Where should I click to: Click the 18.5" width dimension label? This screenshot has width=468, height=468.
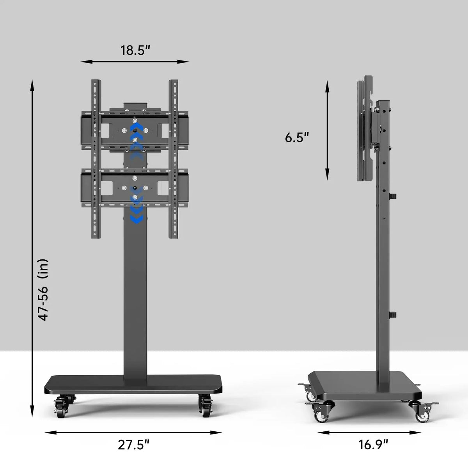coord(135,51)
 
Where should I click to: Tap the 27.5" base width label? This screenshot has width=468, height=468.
coord(134,445)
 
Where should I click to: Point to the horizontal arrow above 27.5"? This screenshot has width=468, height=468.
coord(133,432)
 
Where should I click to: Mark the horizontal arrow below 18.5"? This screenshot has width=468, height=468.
coord(135,62)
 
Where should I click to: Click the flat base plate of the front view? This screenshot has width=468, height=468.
coord(134,384)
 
